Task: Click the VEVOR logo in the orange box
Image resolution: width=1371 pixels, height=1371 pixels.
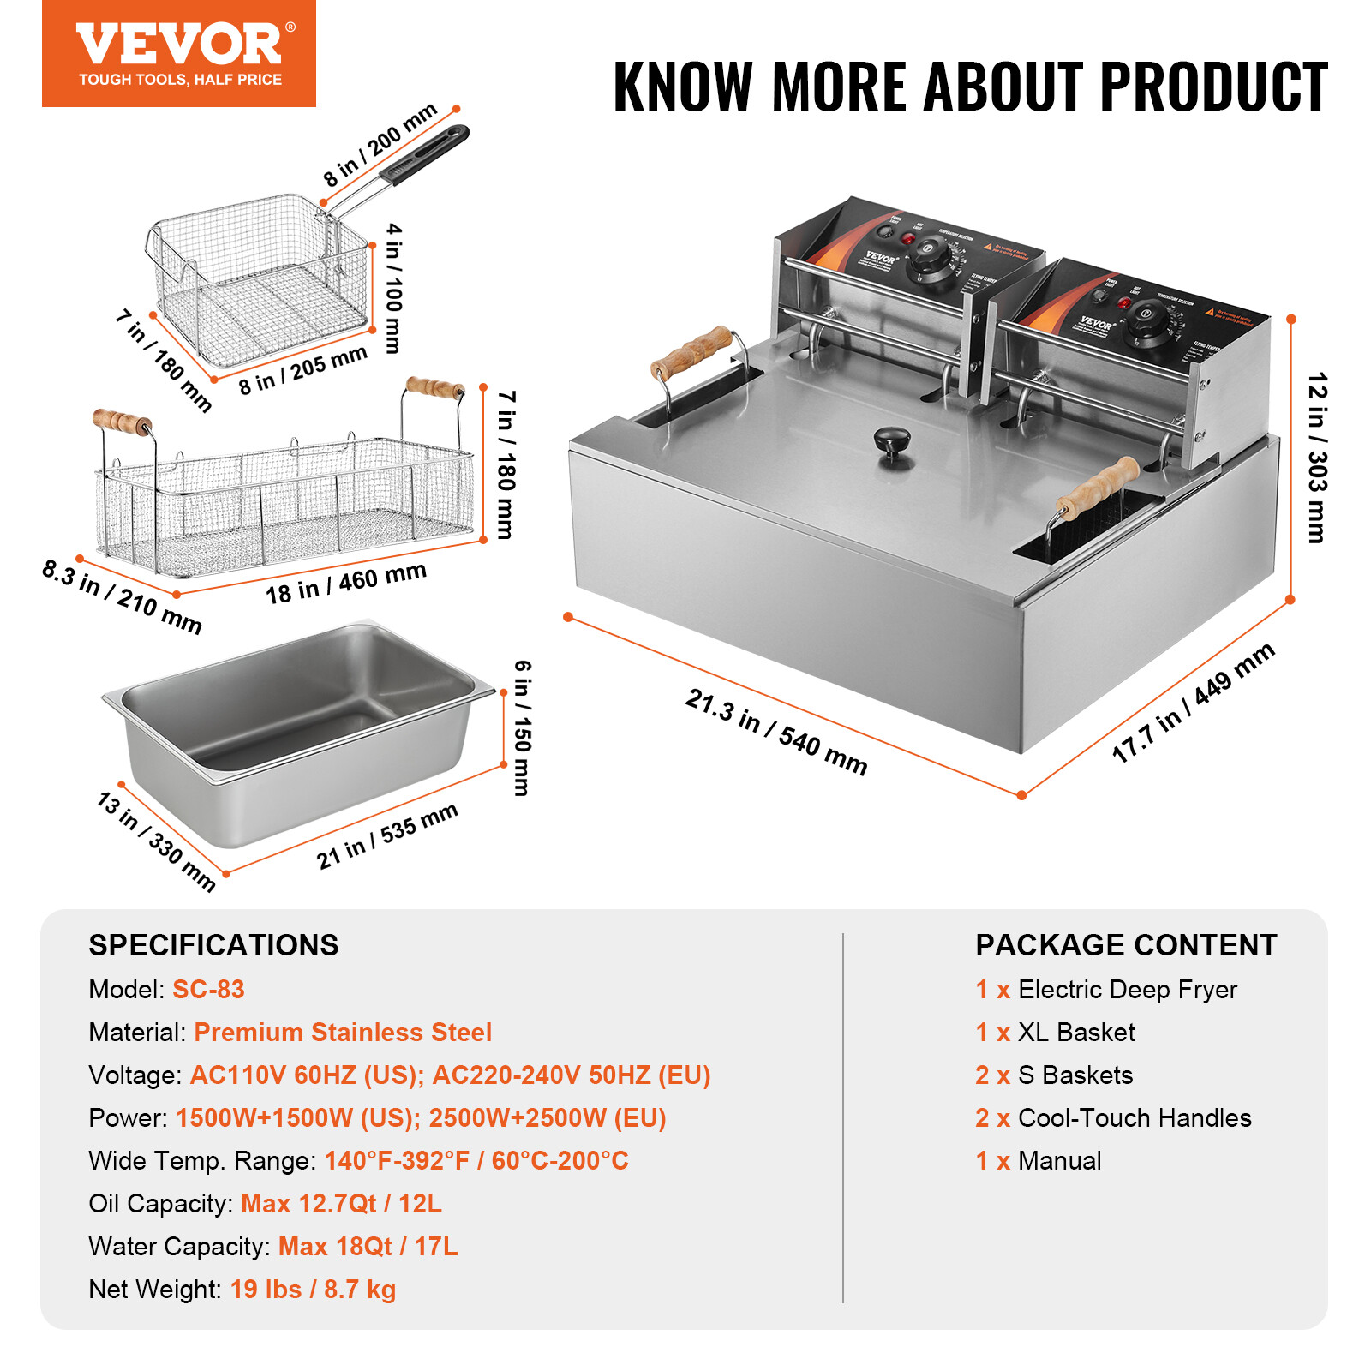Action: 178,45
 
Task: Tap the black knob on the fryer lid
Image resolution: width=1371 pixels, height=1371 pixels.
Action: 892,443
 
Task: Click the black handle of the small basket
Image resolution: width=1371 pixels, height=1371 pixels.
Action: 426,155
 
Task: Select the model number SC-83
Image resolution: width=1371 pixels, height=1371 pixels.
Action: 208,989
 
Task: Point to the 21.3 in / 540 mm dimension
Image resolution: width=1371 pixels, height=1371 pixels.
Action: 775,732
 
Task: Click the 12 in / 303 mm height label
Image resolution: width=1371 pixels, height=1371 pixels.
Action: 1317,458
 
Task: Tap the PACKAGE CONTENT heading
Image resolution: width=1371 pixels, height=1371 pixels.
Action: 1125,945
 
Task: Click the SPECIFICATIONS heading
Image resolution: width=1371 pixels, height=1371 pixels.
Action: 213,945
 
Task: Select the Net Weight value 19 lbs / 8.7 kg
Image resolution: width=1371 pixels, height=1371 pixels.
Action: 313,1289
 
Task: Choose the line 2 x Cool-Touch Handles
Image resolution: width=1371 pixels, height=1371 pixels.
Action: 1112,1117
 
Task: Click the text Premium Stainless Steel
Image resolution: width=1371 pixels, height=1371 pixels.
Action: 343,1032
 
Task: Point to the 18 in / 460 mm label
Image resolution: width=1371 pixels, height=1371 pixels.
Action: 345,583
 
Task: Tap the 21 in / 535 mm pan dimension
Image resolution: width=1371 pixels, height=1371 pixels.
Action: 386,835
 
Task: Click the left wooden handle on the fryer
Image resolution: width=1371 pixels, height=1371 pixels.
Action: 691,352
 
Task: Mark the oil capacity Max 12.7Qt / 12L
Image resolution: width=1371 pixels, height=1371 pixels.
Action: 341,1203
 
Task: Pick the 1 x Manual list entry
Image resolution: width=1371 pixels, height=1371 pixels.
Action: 1038,1160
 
